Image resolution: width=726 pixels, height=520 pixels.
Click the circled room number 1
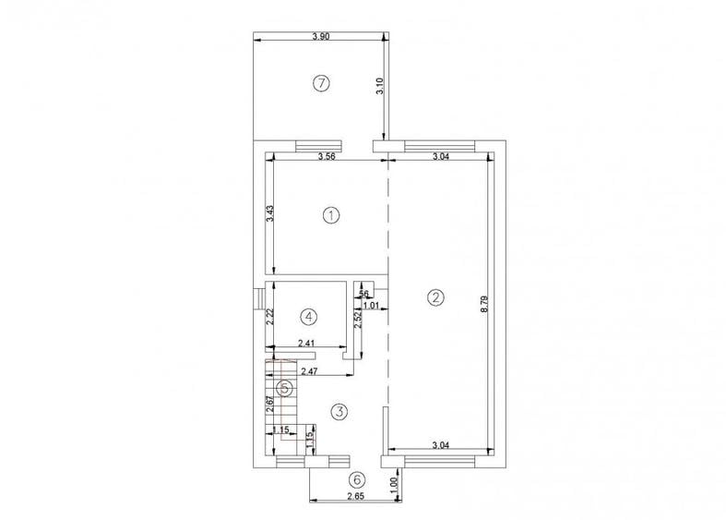point(331,215)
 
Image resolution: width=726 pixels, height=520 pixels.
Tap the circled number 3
point(339,411)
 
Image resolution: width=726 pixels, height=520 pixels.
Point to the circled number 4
point(309,316)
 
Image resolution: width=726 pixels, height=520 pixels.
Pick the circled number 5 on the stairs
point(286,389)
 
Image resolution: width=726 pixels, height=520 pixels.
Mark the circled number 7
point(320,84)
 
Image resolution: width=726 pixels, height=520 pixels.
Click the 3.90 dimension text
point(320,36)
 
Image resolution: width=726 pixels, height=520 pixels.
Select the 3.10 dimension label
point(379,88)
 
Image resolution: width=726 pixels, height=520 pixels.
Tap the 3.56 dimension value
point(325,157)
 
